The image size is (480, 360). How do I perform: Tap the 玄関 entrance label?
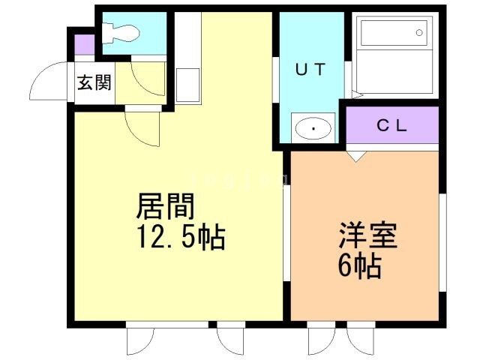click(x=94, y=81)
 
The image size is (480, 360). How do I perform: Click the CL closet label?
click(x=391, y=126)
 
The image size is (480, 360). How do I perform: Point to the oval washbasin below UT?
click(x=313, y=129)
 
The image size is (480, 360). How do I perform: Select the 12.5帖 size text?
click(x=180, y=238)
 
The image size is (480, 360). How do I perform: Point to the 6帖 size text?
click(x=359, y=265)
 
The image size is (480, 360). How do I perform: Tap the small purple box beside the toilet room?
click(x=85, y=44)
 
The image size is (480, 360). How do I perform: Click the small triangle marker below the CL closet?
click(x=355, y=155)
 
